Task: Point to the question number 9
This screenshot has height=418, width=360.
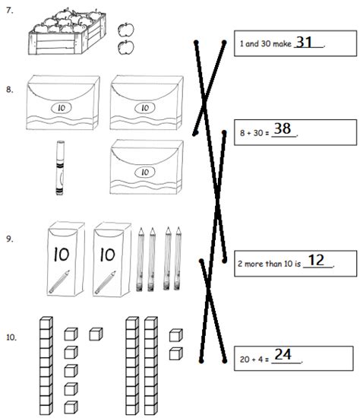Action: pos(8,238)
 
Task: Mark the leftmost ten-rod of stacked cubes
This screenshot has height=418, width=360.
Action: pos(46,365)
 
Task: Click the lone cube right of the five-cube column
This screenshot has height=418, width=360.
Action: pos(95,334)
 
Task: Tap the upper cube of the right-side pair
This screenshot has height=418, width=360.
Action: pos(175,335)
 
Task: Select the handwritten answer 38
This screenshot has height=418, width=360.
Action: pos(283,129)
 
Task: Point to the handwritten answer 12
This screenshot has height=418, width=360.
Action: pos(317,260)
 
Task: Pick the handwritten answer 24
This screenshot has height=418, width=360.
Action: pos(283,354)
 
